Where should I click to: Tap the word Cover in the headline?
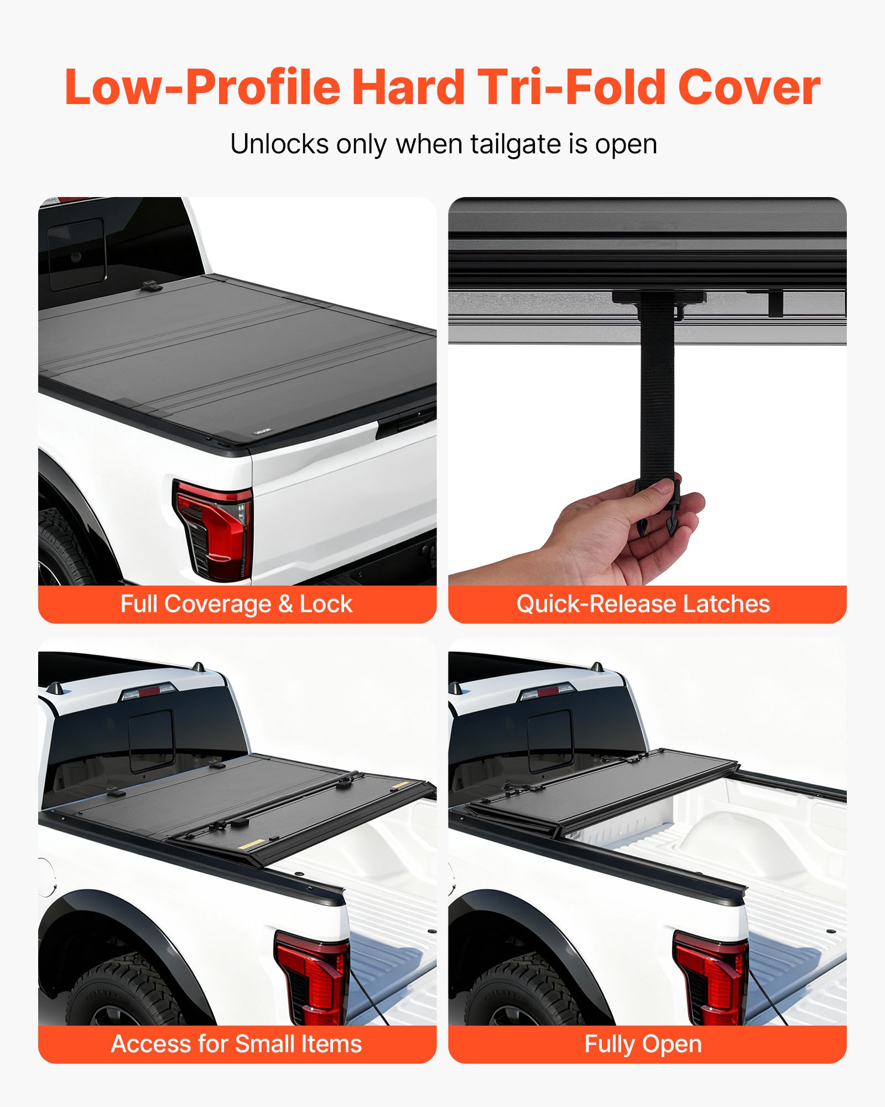coord(749,87)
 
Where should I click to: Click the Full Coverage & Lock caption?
coord(236,604)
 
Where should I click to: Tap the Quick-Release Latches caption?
coord(643,604)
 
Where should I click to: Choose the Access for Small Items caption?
coord(236,1044)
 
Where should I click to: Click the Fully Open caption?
coord(643,1044)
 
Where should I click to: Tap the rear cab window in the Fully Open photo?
coord(548,736)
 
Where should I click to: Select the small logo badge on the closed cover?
coord(263,431)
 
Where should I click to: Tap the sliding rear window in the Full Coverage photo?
coord(76,253)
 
